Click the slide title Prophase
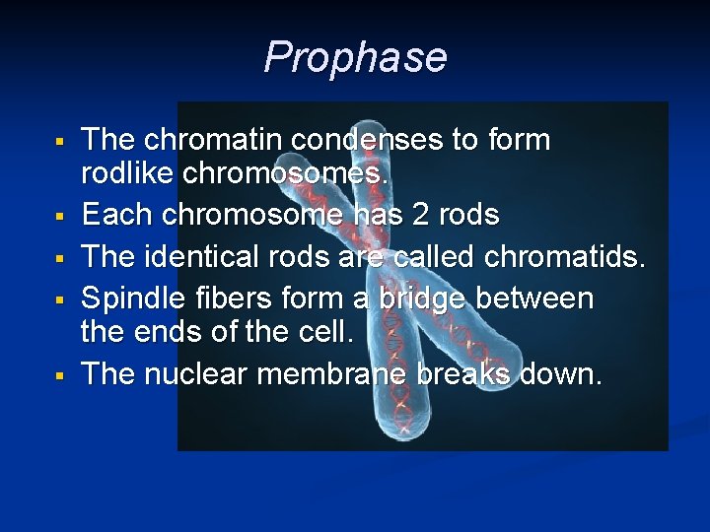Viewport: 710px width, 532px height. (355, 57)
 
